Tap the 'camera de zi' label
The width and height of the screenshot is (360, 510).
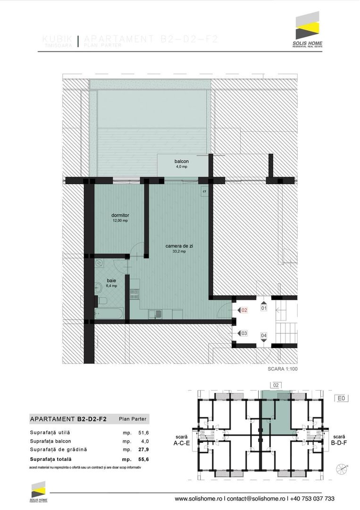[x=179, y=246]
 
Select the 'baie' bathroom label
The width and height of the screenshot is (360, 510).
[x=111, y=280]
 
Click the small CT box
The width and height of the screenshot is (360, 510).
[x=204, y=191]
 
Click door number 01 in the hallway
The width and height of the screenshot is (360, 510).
[x=264, y=308]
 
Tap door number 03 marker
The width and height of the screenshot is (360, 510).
[x=244, y=333]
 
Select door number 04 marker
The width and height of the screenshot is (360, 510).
[x=264, y=336]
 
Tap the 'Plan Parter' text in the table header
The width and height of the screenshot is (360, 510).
[x=133, y=419]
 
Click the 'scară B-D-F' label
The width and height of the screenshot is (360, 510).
[x=340, y=440]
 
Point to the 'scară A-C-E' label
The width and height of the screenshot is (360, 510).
[x=182, y=440]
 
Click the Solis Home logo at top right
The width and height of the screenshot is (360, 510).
[x=307, y=28]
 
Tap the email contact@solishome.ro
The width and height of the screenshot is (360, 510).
[x=256, y=499]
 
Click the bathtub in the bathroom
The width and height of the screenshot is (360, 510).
[x=109, y=314]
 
